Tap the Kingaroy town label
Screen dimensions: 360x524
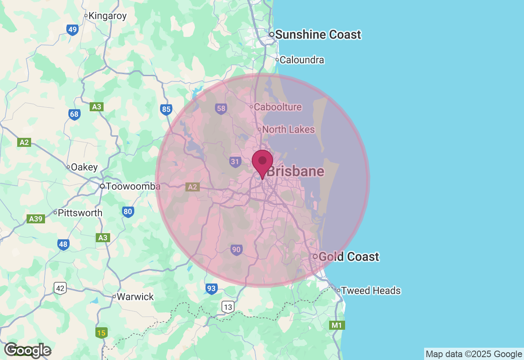107,16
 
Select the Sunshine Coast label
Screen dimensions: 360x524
318,35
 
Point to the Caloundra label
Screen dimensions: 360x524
302,60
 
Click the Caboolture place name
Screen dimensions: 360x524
278,107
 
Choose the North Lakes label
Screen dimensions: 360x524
288,130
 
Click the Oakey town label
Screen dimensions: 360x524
84,167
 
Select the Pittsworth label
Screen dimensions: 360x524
80,213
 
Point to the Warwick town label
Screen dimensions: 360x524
135,297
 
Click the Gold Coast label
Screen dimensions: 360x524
348,257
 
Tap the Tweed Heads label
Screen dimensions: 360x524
370,291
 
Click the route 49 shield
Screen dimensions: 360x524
72,29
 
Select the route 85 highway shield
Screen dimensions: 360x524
166,109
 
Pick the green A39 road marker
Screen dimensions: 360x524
36,219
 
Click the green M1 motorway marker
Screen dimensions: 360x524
337,325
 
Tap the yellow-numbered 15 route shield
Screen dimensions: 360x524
101,333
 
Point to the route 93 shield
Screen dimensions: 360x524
211,288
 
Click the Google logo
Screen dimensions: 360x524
27,350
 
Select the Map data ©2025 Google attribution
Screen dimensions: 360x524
474,354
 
